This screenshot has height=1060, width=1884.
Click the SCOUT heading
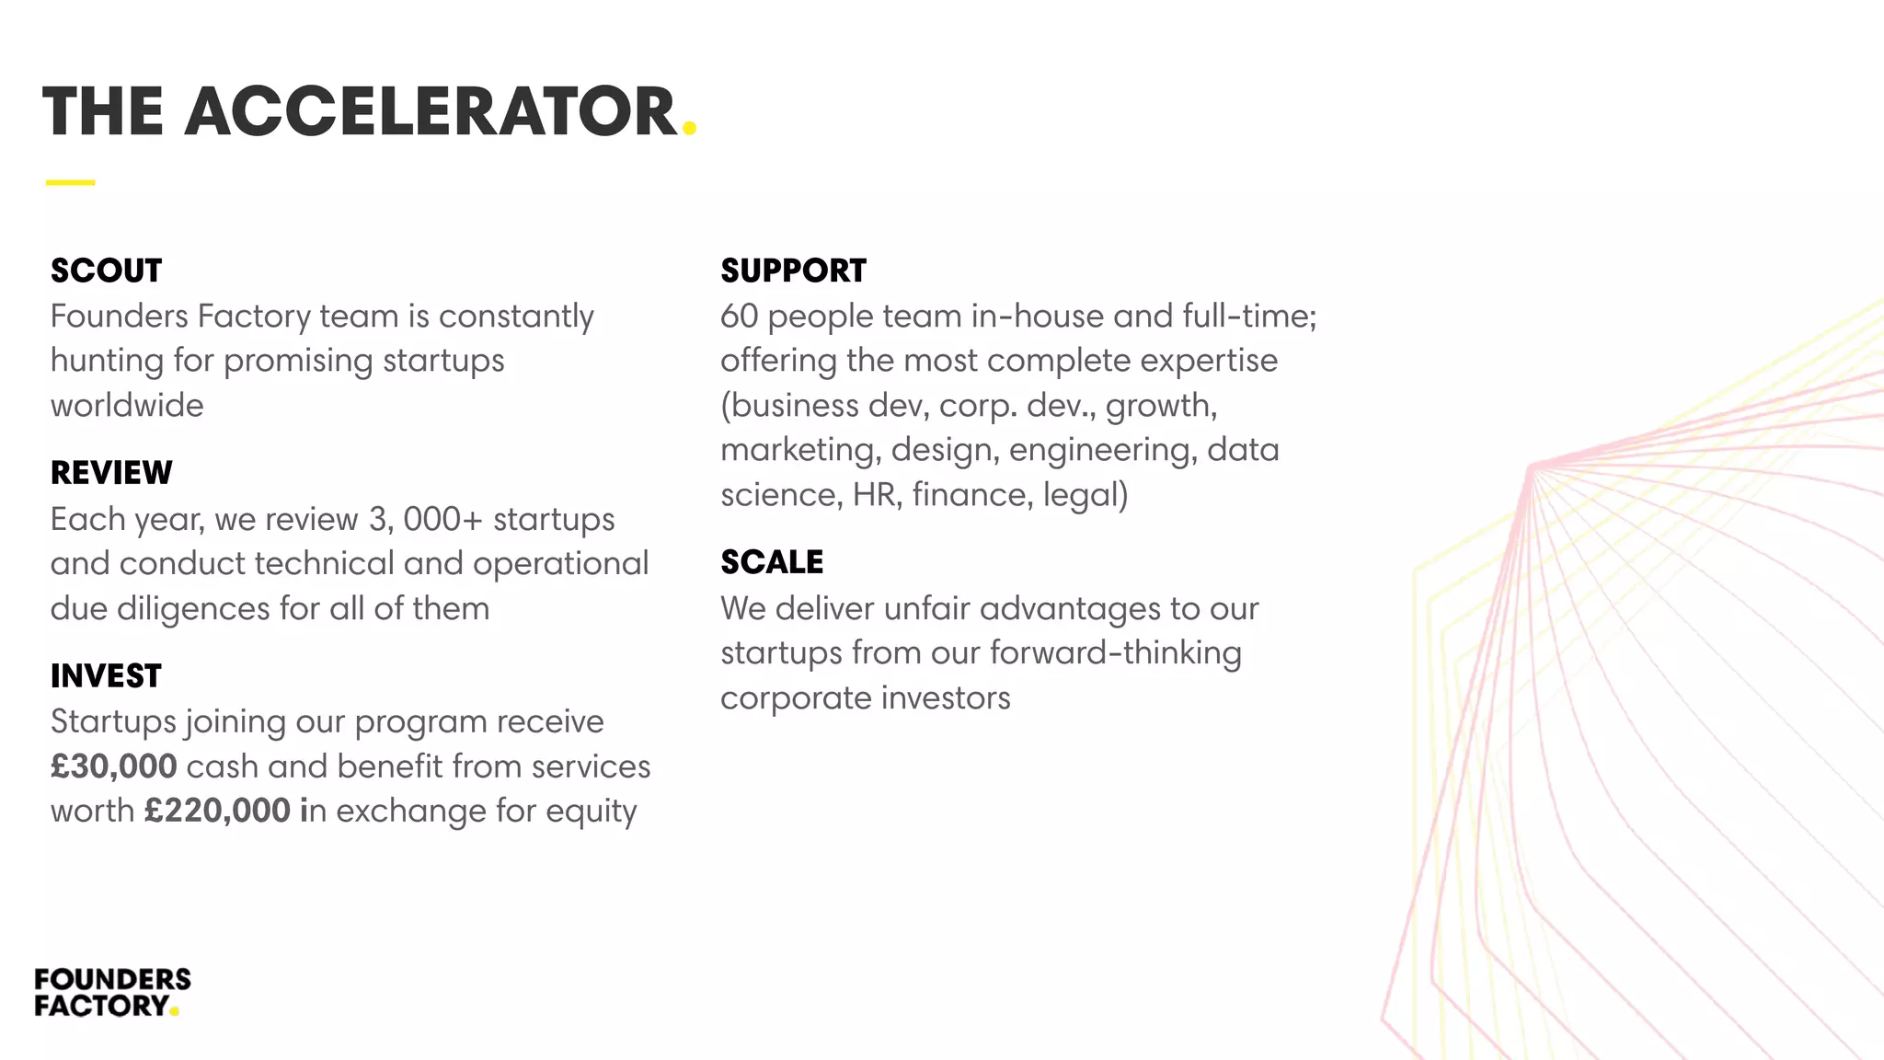(x=106, y=271)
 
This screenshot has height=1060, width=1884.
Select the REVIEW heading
(x=111, y=473)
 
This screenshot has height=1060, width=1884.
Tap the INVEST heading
(x=106, y=676)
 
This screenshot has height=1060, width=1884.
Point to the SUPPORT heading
(x=793, y=271)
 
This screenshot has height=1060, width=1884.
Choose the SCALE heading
(x=772, y=562)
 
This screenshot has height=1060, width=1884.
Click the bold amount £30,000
(x=114, y=766)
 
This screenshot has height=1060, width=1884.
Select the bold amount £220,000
(x=217, y=811)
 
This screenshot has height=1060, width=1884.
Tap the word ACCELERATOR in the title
(x=431, y=112)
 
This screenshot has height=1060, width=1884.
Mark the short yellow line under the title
(x=70, y=182)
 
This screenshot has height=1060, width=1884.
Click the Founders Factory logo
(x=111, y=992)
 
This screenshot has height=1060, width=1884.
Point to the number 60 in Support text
(x=739, y=317)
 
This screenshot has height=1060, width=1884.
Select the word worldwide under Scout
(x=127, y=406)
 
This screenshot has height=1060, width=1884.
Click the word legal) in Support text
(x=1086, y=496)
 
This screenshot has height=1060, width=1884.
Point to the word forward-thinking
(x=1115, y=653)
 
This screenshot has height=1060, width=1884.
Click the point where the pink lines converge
(x=1530, y=467)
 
